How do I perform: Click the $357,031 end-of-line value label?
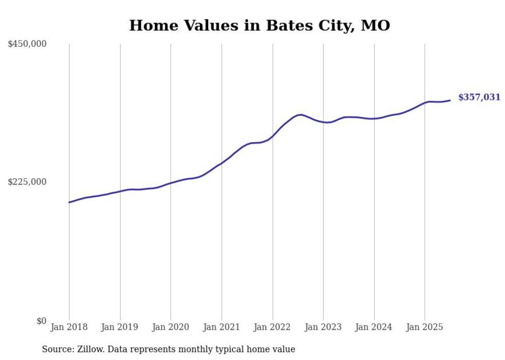479,97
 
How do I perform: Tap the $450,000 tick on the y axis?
27,44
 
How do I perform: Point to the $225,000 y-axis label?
27,182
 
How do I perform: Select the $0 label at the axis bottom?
41,321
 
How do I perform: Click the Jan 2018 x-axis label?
69,327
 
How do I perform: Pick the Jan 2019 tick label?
120,327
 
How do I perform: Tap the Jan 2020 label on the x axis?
171,327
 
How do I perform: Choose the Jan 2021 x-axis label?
222,327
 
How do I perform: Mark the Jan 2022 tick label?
273,327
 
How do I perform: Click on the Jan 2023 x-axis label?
323,327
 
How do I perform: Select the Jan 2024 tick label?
374,327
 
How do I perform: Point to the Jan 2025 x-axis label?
425,327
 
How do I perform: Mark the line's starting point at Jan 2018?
69,202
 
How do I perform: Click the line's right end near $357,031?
450,100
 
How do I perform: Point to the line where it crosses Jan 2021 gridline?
222,163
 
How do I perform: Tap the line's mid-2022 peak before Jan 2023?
301,114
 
